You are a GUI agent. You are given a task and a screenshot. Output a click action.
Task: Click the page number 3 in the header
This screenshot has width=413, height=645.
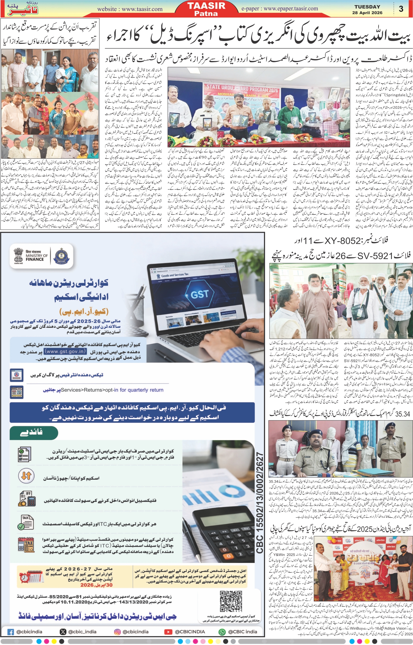(x=401, y=9)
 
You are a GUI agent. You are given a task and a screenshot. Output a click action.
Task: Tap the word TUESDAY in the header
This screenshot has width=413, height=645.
(x=367, y=7)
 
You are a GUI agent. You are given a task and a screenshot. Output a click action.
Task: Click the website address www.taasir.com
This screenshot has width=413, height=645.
(x=130, y=9)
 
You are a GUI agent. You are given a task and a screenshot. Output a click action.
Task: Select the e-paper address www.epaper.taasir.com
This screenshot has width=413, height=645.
(x=280, y=9)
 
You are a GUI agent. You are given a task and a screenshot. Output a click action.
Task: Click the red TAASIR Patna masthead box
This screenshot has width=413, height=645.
(x=206, y=9)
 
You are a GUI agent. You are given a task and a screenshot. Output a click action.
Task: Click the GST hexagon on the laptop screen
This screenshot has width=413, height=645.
(x=199, y=294)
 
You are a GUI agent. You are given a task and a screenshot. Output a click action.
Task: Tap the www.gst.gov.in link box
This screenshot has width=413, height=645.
(x=65, y=351)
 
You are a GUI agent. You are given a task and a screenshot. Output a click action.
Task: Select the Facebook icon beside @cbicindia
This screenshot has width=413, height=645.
(x=11, y=632)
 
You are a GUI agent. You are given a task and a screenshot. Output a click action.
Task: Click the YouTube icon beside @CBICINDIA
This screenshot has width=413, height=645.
(x=168, y=632)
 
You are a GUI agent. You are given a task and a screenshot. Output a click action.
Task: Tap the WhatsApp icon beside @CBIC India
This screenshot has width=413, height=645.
(x=222, y=632)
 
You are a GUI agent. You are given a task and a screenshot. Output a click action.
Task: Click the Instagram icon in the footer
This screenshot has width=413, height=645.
(x=117, y=632)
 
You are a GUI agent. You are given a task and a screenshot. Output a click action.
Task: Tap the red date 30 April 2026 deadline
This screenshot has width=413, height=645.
(x=96, y=585)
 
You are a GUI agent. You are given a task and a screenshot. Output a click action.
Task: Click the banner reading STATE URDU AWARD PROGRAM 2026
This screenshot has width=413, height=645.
(x=242, y=88)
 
